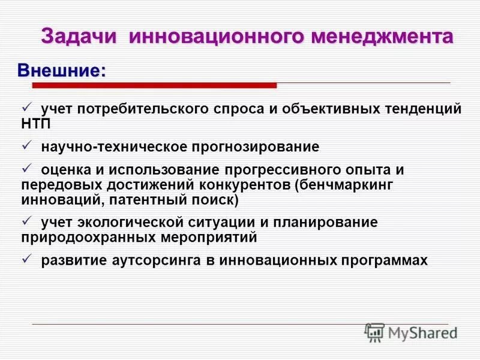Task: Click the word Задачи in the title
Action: click(80, 37)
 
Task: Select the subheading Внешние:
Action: click(62, 70)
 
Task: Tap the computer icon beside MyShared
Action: click(374, 331)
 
